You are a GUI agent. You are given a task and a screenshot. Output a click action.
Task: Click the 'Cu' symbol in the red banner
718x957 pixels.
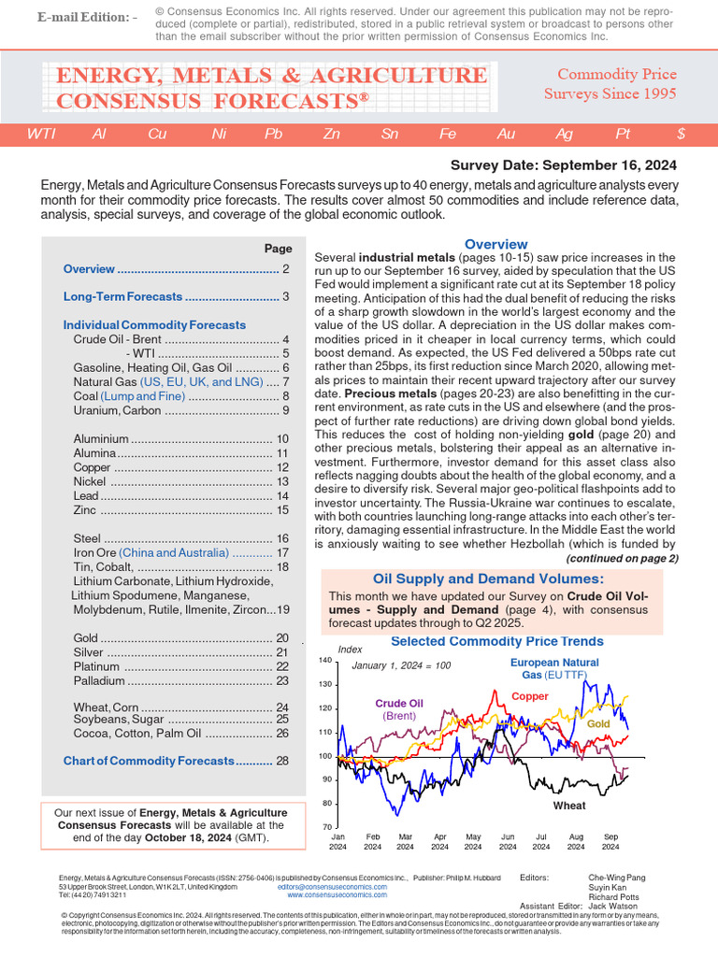[157, 134]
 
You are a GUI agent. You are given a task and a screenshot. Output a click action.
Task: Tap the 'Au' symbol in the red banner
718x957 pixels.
[506, 134]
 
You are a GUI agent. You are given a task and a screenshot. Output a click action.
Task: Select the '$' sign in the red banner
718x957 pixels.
[681, 134]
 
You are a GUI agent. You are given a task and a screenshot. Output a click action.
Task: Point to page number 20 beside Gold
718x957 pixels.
[283, 637]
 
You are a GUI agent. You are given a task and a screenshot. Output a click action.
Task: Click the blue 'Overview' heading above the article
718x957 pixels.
[495, 244]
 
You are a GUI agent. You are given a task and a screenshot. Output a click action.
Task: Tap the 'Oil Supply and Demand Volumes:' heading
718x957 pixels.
[488, 579]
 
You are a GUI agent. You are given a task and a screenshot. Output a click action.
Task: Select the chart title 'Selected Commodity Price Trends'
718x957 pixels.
[496, 641]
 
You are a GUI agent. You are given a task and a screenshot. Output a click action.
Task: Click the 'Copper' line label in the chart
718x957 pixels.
[530, 696]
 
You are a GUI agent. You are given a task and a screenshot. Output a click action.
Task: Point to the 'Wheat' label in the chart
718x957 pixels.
[569, 806]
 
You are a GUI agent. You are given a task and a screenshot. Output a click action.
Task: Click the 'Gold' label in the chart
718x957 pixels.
[598, 724]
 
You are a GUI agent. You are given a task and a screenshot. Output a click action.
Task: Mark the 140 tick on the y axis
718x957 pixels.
[325, 661]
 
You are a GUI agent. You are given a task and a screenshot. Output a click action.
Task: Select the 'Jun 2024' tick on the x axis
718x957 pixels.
[508, 841]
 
